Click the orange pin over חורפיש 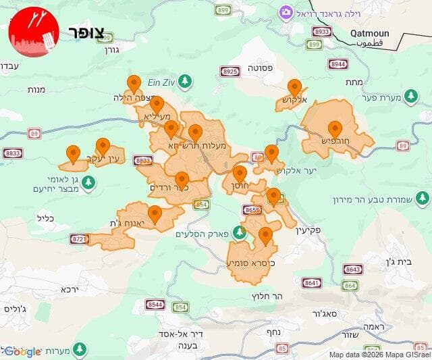click(335, 128)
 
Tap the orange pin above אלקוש click(294, 87)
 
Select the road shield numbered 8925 click(230, 71)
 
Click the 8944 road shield click(337, 64)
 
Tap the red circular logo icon click(33, 32)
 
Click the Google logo click(23, 351)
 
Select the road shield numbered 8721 click(80, 239)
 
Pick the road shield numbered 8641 click(312, 283)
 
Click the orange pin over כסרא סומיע click(265, 236)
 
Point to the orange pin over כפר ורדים click(182, 180)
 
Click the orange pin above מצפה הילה click(134, 83)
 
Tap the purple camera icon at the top click(286, 13)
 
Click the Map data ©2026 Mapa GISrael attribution click(378, 355)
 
